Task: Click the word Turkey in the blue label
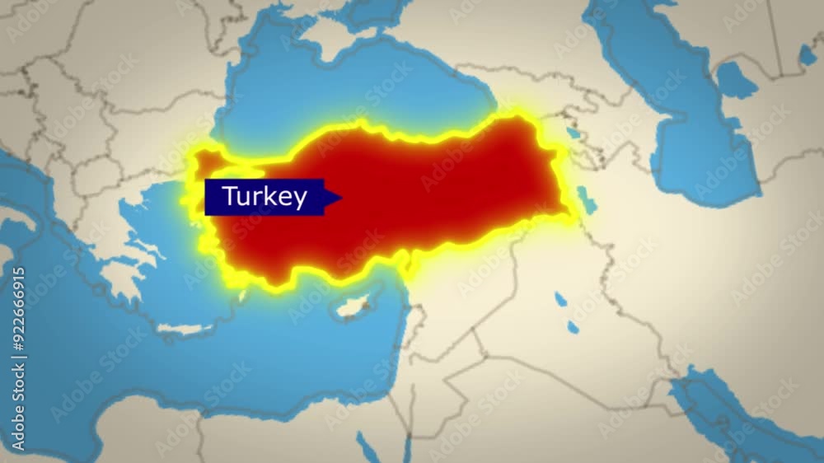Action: tap(265, 197)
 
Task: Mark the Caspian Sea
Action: tap(700, 140)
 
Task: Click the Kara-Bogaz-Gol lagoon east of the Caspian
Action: tap(735, 80)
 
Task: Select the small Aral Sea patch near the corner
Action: tap(807, 55)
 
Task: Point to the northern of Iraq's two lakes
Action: tap(561, 299)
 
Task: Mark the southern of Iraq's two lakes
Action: tap(572, 327)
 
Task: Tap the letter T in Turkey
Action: tap(230, 197)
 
